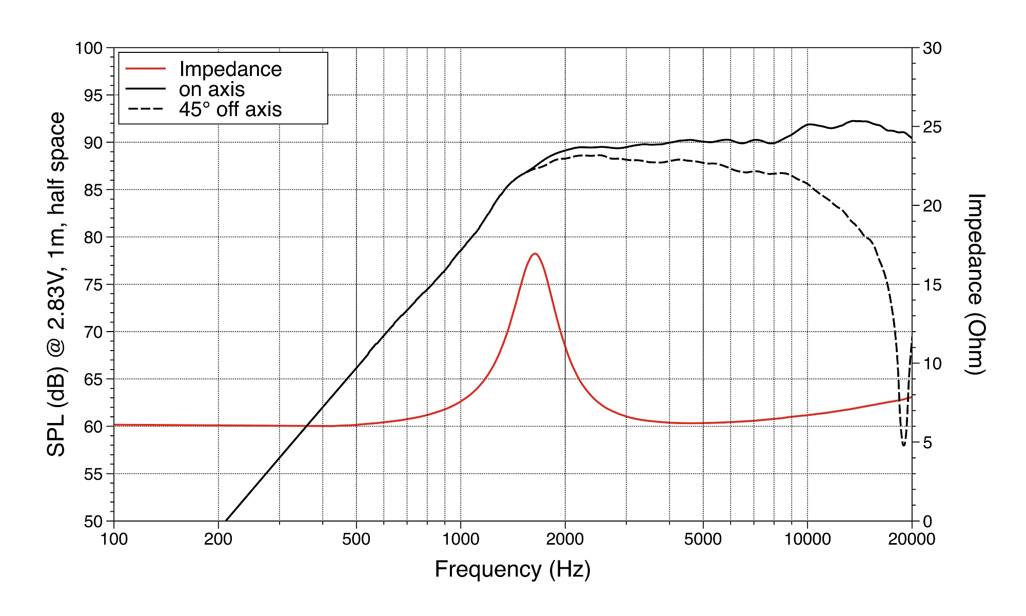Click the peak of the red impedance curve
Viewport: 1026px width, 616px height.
[x=535, y=254]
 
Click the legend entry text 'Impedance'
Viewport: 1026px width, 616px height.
[x=230, y=69]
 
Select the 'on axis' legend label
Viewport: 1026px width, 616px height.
[x=212, y=89]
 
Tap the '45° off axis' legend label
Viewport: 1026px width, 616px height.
[x=230, y=109]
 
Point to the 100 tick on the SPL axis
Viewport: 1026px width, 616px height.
[x=89, y=48]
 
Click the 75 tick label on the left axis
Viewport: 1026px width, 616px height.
[x=93, y=285]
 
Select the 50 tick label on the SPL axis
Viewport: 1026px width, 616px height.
[x=93, y=522]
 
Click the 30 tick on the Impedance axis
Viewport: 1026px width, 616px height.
[x=932, y=48]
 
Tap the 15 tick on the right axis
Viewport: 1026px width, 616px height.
[x=932, y=285]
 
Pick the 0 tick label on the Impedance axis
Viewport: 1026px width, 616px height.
[x=927, y=522]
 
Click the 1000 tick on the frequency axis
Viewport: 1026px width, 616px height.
[x=461, y=540]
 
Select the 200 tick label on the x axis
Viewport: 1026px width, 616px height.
[x=219, y=540]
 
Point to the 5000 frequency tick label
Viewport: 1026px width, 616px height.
[x=703, y=540]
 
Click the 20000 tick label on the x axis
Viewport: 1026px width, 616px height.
[x=912, y=540]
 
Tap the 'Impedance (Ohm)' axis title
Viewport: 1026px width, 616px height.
[x=975, y=284]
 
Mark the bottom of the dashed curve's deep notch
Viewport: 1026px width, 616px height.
[x=903, y=445]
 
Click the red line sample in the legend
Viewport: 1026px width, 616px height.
[x=146, y=69]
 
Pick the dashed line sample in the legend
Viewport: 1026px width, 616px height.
[x=146, y=109]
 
